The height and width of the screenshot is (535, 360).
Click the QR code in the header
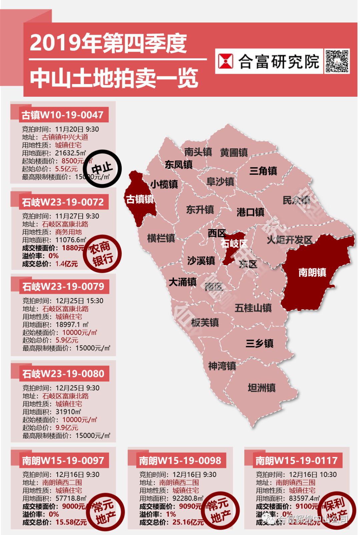(337, 61)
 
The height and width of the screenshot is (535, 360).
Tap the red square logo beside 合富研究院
(226, 61)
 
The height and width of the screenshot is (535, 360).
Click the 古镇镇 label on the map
(140, 199)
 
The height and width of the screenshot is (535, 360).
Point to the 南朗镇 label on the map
(312, 272)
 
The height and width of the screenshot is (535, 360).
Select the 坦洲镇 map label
(262, 388)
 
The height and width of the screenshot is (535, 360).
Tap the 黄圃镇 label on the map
(234, 152)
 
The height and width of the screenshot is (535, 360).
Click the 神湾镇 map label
(222, 366)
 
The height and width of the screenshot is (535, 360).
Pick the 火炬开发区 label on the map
(289, 239)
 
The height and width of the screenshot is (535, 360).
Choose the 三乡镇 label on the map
(259, 343)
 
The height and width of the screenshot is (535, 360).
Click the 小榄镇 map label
(164, 184)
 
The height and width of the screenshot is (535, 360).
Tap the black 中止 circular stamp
(102, 169)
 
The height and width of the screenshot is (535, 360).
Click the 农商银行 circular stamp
(102, 254)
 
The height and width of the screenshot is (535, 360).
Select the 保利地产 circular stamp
(336, 510)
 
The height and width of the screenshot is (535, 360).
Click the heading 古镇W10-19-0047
(62, 115)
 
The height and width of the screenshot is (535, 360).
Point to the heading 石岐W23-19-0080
(63, 374)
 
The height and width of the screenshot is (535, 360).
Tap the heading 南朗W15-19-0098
(180, 461)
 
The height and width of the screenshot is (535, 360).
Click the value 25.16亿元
(188, 522)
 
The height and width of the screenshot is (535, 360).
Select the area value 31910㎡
(68, 412)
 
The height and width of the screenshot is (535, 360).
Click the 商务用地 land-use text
(68, 232)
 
